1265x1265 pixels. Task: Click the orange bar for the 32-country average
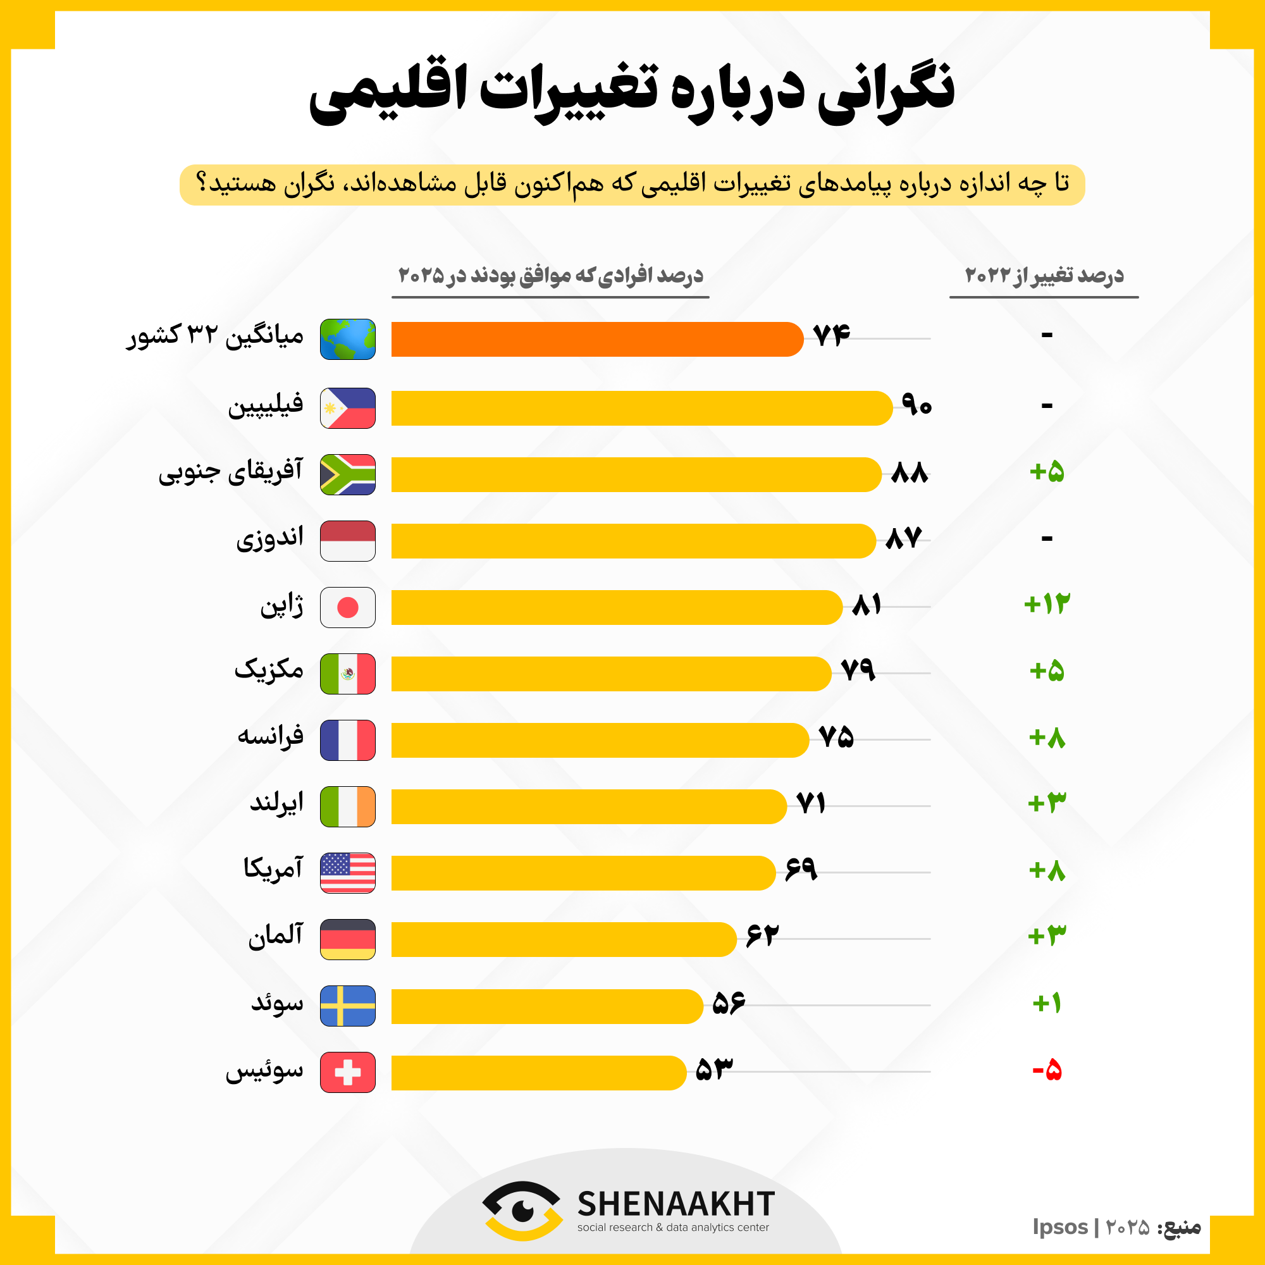coord(596,339)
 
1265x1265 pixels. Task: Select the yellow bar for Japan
coord(615,607)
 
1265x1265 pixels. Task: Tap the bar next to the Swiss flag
coord(537,1073)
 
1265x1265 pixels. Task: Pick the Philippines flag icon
coord(348,408)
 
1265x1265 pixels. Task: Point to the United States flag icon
coord(348,873)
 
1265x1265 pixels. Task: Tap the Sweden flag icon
coord(348,1006)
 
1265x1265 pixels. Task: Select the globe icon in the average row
coord(348,339)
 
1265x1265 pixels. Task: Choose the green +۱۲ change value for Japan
coord(1047,603)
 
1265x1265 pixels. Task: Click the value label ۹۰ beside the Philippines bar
coord(916,405)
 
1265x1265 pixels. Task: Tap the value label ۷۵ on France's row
coord(836,737)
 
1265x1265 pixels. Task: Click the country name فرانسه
coord(271,736)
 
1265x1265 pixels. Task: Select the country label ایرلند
coord(277,803)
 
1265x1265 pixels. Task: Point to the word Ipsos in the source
coord(1060,1227)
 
